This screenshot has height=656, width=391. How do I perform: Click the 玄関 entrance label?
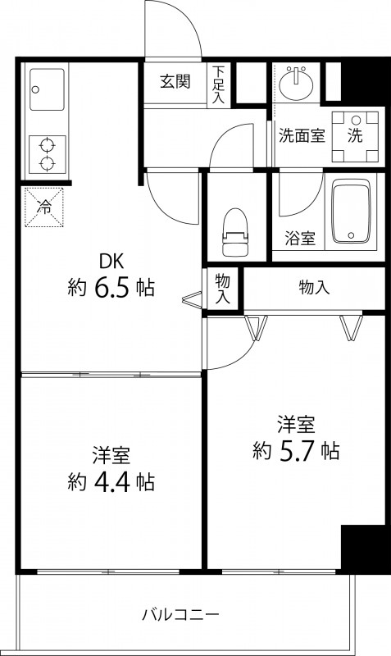[175, 81]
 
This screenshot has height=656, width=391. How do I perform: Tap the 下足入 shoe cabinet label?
[219, 84]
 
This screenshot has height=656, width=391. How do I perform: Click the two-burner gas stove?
[47, 153]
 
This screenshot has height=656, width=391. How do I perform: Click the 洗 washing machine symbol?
[355, 136]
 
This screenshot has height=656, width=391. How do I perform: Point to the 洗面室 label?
[302, 136]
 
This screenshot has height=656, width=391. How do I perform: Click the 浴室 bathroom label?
[301, 239]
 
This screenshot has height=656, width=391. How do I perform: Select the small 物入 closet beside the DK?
[222, 289]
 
